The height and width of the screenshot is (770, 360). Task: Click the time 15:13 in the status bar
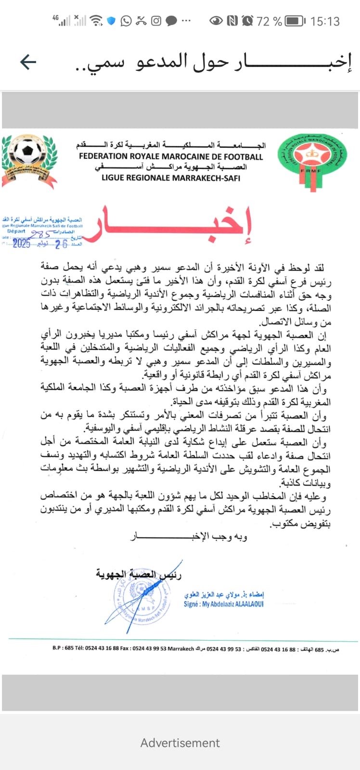[x=325, y=21]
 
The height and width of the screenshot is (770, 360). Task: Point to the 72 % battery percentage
[x=269, y=21]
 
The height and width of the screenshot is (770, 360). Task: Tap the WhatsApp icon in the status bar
[x=126, y=21]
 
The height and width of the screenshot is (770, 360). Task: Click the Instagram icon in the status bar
[x=156, y=21]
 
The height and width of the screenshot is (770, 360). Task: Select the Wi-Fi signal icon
[x=96, y=21]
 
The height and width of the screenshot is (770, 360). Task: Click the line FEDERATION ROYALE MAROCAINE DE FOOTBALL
[x=171, y=156]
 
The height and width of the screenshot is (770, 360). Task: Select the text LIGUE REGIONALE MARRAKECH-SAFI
[x=171, y=178]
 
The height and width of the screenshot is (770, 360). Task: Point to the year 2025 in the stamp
[x=21, y=244]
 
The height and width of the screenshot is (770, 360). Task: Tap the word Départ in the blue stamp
[x=16, y=231]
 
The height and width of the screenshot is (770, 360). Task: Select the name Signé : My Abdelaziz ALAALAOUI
[x=224, y=604]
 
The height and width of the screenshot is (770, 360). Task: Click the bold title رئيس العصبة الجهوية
[x=139, y=574]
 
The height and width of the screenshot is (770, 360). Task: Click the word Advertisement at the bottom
[x=180, y=743]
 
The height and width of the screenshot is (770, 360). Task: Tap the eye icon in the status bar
[x=216, y=21]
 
